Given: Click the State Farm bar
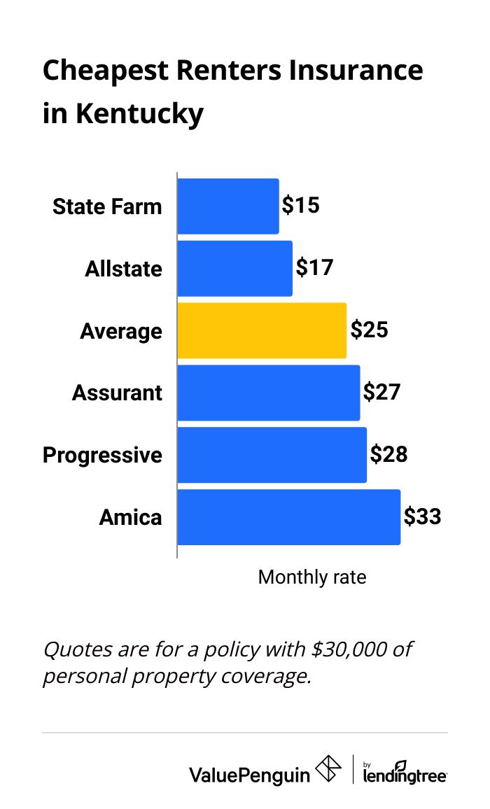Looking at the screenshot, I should tap(228, 206).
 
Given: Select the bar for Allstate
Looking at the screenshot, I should tap(234, 269).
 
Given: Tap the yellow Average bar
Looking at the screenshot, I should tap(262, 330).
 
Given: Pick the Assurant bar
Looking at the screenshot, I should tap(269, 393).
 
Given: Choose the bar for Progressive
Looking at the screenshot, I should tap(272, 455).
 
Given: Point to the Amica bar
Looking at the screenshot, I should tap(288, 517).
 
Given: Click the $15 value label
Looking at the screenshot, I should tap(301, 206).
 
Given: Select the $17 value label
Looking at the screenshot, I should tap(314, 268).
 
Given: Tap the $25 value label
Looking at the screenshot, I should tap(369, 330).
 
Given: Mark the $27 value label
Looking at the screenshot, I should tap(381, 392).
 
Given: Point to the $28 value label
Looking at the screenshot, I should tap(388, 455).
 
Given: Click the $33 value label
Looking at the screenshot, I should tap(422, 517).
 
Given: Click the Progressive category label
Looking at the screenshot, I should tap(102, 456).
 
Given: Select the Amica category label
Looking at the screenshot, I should tap(130, 518).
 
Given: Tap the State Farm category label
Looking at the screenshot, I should tap(107, 207).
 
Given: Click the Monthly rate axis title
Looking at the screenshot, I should tap(312, 577).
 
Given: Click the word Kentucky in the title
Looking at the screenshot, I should tap(140, 113).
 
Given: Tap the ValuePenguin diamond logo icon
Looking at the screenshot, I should tap(329, 769).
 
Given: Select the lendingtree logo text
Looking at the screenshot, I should tap(405, 775).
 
